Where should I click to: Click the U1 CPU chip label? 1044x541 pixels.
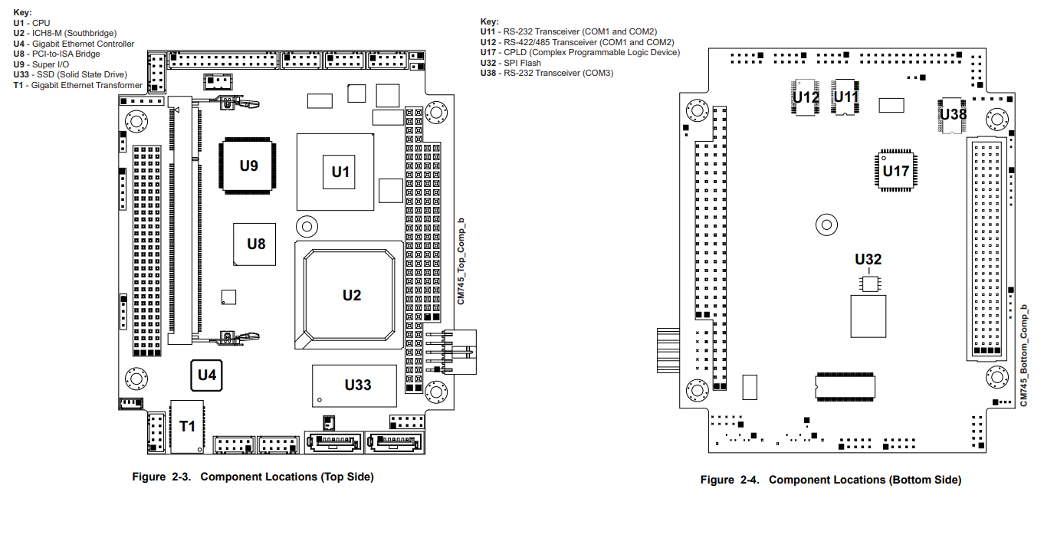(340, 172)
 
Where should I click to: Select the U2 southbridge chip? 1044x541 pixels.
(351, 295)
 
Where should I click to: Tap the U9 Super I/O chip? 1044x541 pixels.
(249, 166)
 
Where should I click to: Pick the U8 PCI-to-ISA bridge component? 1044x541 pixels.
(255, 244)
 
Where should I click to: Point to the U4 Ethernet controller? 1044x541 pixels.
(207, 375)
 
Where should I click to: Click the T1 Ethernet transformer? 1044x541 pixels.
(188, 425)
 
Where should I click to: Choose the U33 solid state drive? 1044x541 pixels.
(358, 385)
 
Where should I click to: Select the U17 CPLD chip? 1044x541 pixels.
(895, 170)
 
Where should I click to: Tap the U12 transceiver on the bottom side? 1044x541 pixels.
(806, 97)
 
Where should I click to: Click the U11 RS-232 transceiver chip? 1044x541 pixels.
(846, 97)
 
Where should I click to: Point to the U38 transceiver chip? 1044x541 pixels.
(953, 114)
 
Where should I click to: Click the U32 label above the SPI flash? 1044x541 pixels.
(868, 259)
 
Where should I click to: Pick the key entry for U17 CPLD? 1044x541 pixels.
(579, 52)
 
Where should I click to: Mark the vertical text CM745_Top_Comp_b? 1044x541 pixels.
(461, 261)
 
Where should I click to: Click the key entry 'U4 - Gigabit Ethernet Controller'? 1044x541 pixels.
(74, 44)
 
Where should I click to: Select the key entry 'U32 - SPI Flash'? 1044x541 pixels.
(511, 63)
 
